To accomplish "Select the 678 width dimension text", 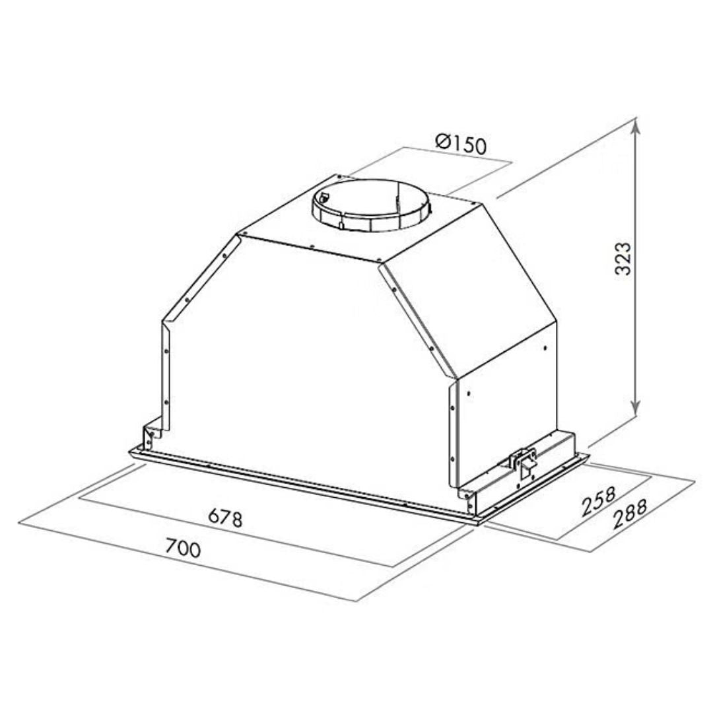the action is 226,518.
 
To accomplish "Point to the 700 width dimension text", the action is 182,547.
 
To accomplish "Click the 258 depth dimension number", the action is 599,501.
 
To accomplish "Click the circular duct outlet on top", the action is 370,205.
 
